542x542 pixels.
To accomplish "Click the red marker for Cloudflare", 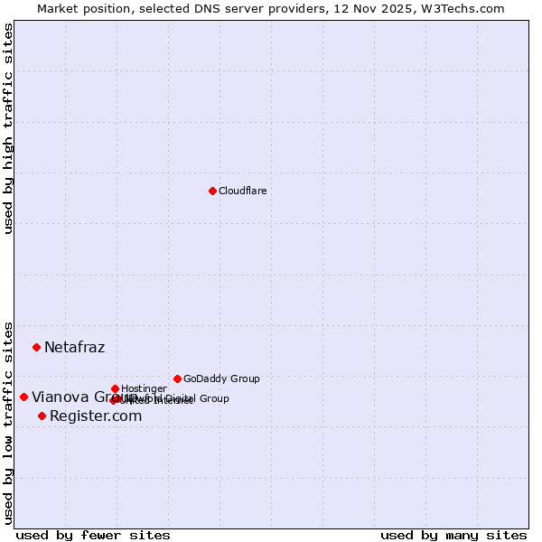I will click(x=212, y=191).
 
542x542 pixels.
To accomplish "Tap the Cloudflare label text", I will click(x=242, y=191).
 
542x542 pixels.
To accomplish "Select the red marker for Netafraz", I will click(x=36, y=347).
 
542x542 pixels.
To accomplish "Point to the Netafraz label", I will click(x=74, y=348).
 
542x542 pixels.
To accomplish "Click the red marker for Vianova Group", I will click(x=23, y=397).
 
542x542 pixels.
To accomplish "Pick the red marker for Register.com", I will click(x=42, y=416).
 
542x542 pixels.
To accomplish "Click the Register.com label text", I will click(x=96, y=416).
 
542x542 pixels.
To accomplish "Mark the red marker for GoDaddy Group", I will click(x=177, y=378).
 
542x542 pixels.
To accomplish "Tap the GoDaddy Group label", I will click(x=221, y=378).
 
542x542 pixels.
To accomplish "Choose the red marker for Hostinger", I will click(x=115, y=388).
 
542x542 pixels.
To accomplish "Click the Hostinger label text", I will click(x=144, y=388).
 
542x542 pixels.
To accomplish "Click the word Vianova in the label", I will click(x=60, y=397).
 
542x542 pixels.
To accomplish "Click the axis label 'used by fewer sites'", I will click(x=93, y=535).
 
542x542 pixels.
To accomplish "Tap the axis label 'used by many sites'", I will click(x=453, y=535).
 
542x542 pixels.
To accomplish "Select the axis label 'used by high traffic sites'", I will click(x=8, y=128).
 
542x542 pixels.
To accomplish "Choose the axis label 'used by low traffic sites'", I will click(x=8, y=423).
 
